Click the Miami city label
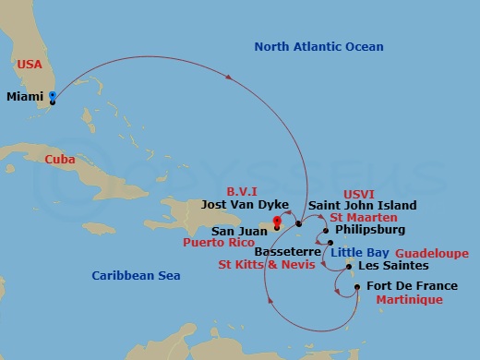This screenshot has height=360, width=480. (25, 96)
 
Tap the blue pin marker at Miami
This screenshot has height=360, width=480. (53, 96)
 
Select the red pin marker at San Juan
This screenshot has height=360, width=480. (276, 221)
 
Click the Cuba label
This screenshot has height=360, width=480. (60, 160)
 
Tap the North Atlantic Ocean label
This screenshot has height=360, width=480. (318, 46)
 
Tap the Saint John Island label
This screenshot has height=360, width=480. (362, 205)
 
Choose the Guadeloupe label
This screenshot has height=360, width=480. (432, 253)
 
